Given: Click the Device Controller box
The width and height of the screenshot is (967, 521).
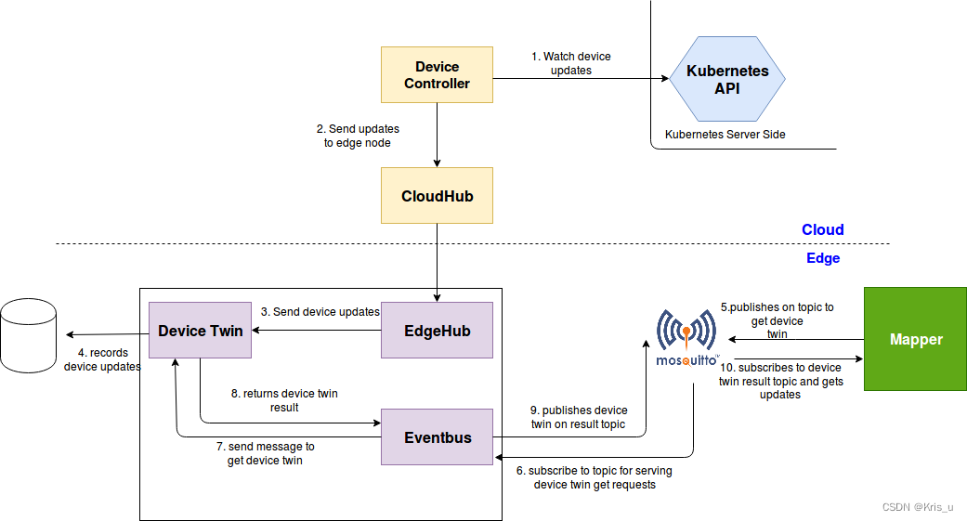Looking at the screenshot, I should point(437,75).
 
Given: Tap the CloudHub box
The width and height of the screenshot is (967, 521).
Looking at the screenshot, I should point(437,196).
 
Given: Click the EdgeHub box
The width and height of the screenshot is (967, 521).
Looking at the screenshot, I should point(437,331).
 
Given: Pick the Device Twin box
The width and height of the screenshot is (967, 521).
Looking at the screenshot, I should point(201,331).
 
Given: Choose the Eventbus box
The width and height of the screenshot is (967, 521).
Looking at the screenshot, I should point(437,436).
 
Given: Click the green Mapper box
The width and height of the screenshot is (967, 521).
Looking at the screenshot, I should point(915,339).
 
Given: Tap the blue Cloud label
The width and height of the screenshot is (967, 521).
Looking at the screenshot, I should point(822,229).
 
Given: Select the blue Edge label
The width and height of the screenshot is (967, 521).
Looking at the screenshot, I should point(822,258).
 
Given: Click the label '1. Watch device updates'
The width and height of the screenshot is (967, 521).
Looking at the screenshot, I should point(570,63).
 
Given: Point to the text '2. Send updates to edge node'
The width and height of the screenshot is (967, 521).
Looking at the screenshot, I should point(358,136).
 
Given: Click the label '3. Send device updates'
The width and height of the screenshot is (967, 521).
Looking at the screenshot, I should point(320,312).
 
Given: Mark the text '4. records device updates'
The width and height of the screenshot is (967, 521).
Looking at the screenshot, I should point(102,359).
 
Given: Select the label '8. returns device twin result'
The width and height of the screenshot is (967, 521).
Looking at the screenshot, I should point(284,400).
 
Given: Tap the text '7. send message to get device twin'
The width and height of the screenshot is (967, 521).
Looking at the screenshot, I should point(270,453).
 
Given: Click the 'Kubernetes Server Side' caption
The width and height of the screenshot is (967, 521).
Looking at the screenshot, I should point(725,135).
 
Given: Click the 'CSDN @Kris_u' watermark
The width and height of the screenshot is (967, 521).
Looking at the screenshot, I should point(917,507).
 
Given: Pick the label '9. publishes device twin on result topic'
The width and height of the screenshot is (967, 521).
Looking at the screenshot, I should point(579,417).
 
